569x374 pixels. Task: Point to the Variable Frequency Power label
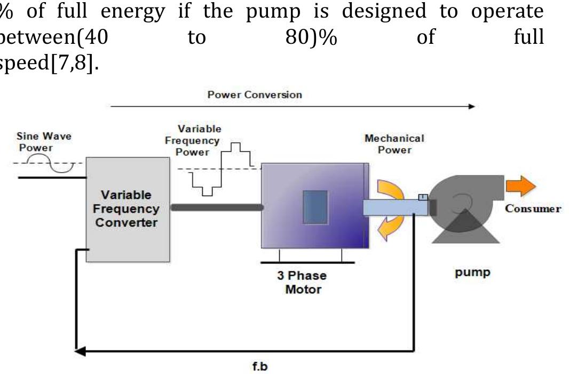[199, 141]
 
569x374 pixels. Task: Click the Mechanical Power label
[394, 144]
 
